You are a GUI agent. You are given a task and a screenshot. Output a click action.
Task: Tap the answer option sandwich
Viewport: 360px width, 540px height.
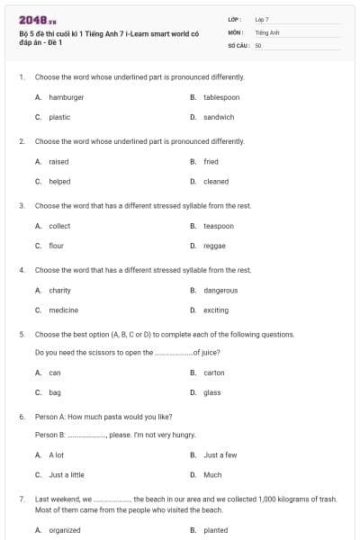pyautogui.click(x=219, y=117)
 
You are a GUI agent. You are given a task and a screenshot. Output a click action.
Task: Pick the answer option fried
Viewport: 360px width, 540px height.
pyautogui.click(x=211, y=161)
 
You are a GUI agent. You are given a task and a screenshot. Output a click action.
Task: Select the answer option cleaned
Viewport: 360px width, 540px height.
pyautogui.click(x=216, y=181)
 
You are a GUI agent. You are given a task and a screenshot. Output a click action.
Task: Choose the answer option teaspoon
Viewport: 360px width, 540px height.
pyautogui.click(x=219, y=226)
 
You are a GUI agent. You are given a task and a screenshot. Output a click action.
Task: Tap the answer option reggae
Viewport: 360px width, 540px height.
pyautogui.click(x=214, y=246)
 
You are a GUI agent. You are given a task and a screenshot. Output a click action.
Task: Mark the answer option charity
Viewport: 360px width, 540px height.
pyautogui.click(x=59, y=290)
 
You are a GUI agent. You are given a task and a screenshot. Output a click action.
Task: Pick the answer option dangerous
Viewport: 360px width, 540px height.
pyautogui.click(x=220, y=290)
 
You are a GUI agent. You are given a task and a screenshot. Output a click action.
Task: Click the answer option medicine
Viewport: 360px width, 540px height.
pyautogui.click(x=63, y=310)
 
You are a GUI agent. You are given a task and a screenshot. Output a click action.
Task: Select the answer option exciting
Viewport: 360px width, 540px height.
pyautogui.click(x=216, y=310)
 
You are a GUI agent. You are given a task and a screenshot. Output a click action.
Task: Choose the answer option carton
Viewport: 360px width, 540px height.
pyautogui.click(x=214, y=373)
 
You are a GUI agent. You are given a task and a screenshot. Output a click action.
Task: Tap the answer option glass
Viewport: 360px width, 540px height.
pyautogui.click(x=212, y=392)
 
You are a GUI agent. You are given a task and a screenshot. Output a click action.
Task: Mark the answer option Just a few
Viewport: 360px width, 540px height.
pyautogui.click(x=220, y=454)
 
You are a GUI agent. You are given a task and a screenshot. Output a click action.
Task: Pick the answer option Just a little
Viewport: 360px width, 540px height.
pyautogui.click(x=67, y=474)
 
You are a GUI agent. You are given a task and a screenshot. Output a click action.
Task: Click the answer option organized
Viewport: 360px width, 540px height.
pyautogui.click(x=65, y=530)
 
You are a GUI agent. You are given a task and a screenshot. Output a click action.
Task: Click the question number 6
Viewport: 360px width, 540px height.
pyautogui.click(x=21, y=417)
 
